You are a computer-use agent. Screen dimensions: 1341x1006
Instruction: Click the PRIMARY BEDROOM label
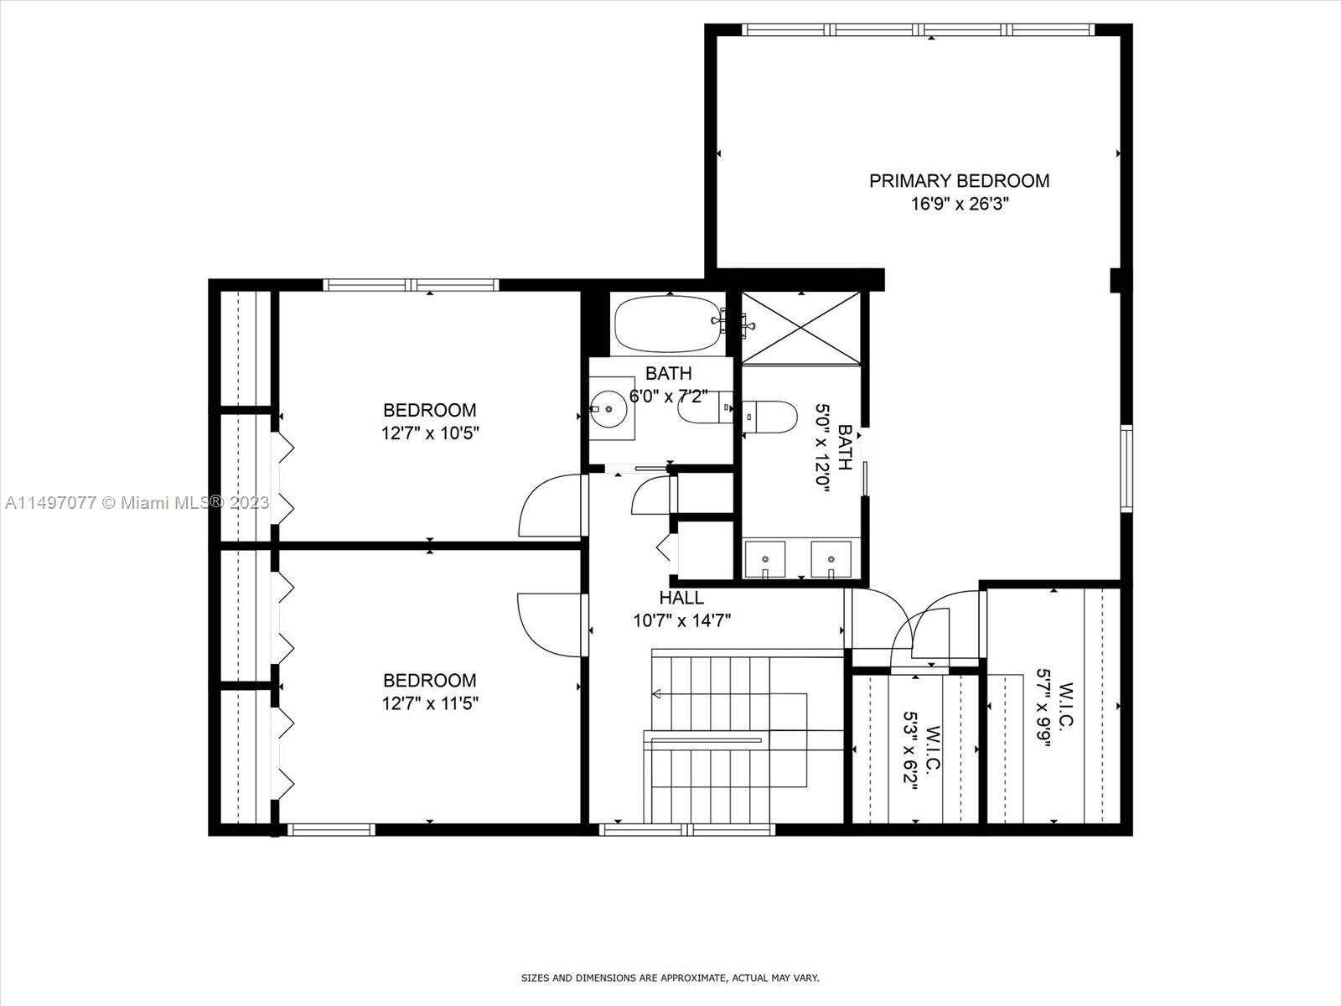(959, 181)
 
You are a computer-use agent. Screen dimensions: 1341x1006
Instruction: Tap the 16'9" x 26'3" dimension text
(960, 204)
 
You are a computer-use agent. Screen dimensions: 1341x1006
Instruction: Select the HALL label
(681, 598)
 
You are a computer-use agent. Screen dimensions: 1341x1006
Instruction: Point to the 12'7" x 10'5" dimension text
(430, 433)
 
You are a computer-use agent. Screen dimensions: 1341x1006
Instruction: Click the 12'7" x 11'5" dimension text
(430, 703)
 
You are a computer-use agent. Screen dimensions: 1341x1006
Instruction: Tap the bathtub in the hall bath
(668, 324)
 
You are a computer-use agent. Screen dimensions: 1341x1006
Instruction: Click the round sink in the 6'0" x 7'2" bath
(608, 408)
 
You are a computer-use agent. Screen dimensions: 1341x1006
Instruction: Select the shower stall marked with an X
(801, 329)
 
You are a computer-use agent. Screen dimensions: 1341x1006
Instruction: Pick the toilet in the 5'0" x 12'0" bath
(769, 417)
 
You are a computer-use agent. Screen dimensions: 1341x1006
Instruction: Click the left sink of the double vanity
(765, 559)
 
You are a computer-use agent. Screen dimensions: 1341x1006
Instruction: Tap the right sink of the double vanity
(831, 559)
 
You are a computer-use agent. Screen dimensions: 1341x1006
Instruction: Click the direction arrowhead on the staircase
(657, 694)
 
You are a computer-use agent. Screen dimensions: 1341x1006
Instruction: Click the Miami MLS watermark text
(137, 503)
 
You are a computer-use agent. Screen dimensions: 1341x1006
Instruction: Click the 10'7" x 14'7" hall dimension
(681, 620)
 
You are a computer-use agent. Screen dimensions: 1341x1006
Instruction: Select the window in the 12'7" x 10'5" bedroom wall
(412, 285)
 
